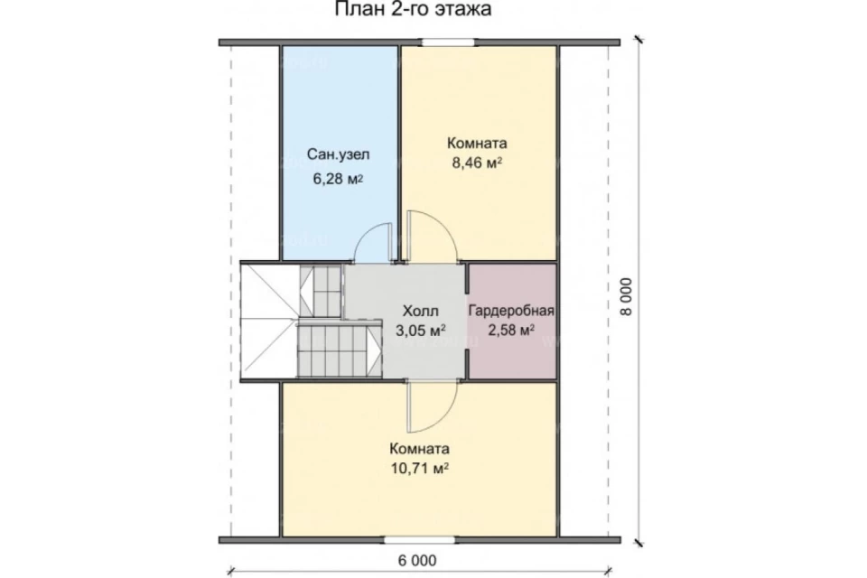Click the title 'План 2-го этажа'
(x=413, y=9)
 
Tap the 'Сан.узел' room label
(x=338, y=154)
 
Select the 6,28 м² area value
(x=338, y=179)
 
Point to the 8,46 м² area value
(x=477, y=163)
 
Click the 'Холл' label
(x=420, y=310)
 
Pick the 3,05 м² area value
(x=421, y=331)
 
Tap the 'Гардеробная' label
(x=511, y=311)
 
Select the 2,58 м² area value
(x=511, y=331)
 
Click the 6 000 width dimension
(x=417, y=560)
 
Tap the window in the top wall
(x=449, y=42)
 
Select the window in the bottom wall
(x=420, y=540)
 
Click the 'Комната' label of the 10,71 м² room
(x=420, y=448)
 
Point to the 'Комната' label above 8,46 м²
(x=477, y=144)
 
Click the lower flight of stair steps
(x=339, y=350)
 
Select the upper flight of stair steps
(x=321, y=291)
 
